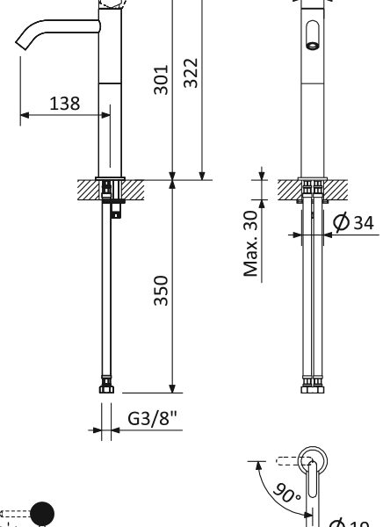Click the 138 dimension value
coord(64,103)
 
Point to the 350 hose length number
coord(162,290)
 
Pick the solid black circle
coord(42,514)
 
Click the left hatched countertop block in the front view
coord(289,188)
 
